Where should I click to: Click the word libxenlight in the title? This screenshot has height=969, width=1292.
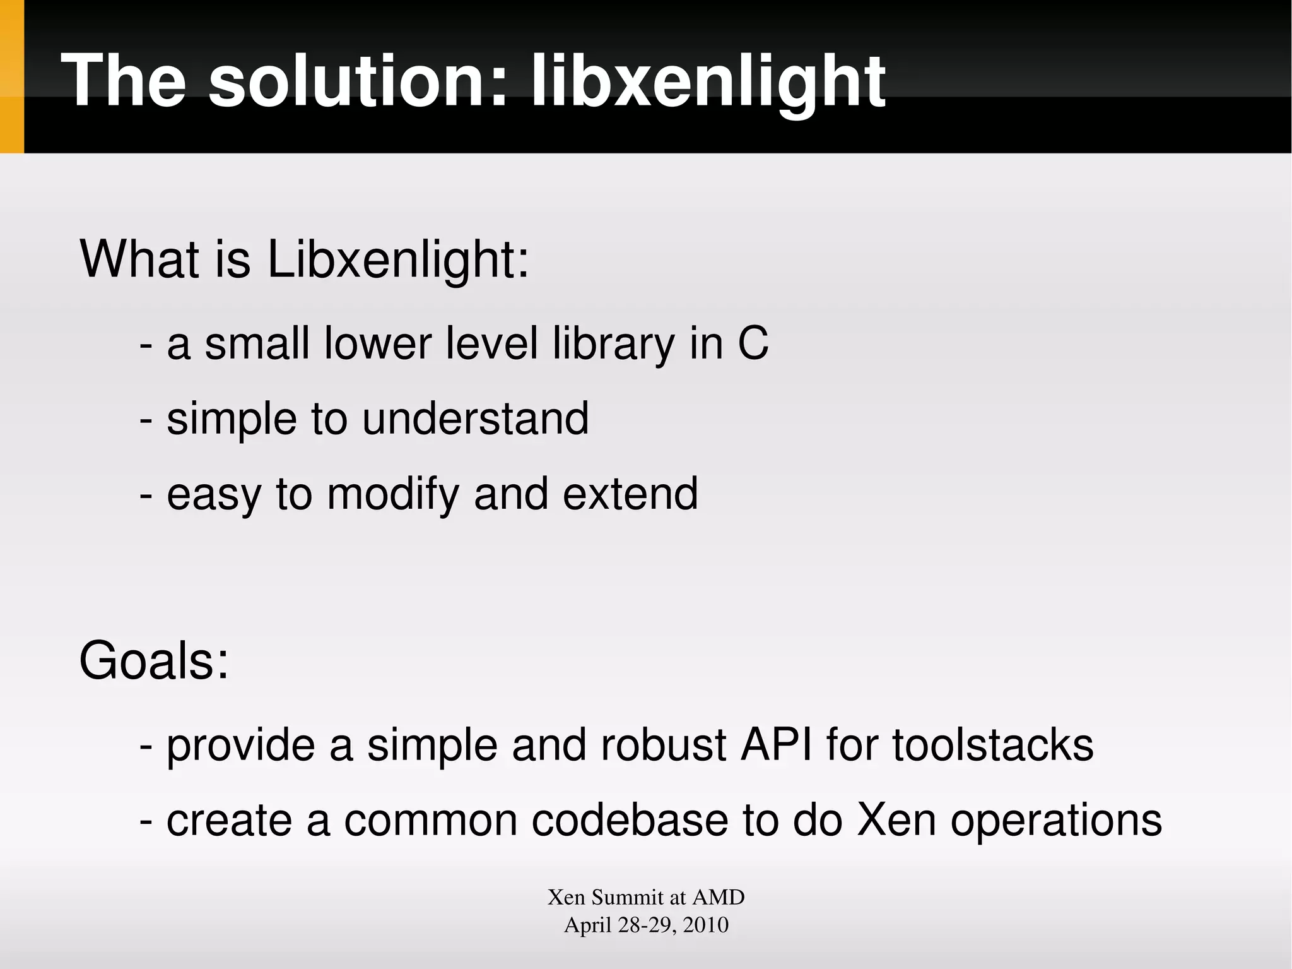[708, 82]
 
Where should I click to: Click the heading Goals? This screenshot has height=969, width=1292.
[154, 661]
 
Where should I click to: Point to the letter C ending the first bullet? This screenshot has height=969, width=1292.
[753, 343]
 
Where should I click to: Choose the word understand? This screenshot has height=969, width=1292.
[475, 419]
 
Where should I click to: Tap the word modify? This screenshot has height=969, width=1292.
[393, 494]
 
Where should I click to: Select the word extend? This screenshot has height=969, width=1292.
[630, 494]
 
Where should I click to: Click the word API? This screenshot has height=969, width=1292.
[776, 745]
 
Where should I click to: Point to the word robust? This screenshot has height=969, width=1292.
[664, 745]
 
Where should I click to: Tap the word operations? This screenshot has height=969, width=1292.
[1055, 821]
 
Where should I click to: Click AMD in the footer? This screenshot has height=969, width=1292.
[719, 897]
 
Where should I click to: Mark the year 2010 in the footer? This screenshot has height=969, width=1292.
[705, 925]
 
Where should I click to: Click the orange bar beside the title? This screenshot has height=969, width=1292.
[11, 76]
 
